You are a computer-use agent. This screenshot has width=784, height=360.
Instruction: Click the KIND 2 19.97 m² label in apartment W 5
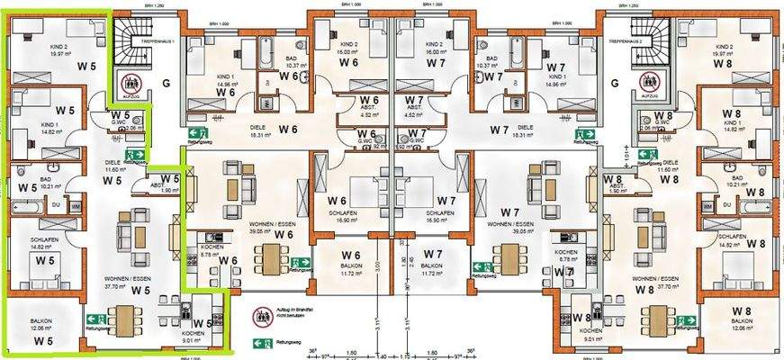pos(34,51)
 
